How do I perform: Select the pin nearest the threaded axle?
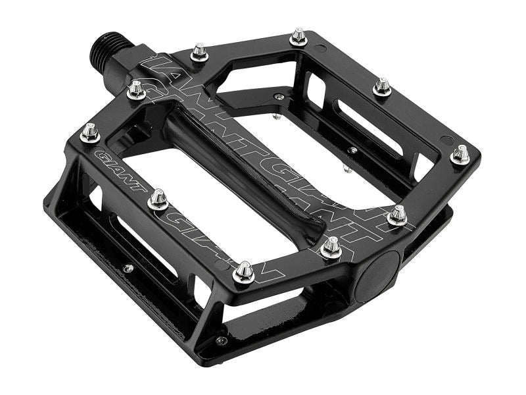tap(136, 89)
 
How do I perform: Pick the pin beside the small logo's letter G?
tap(89, 132)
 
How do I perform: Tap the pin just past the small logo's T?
tap(158, 199)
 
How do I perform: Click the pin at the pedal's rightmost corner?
tap(460, 155)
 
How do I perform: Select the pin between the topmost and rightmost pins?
tap(383, 86)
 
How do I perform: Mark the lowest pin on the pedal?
tap(244, 272)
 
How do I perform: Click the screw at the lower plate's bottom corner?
tap(221, 340)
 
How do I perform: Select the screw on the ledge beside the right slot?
tap(353, 150)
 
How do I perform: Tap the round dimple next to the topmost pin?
tap(320, 48)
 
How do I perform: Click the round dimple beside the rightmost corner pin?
tap(448, 140)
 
